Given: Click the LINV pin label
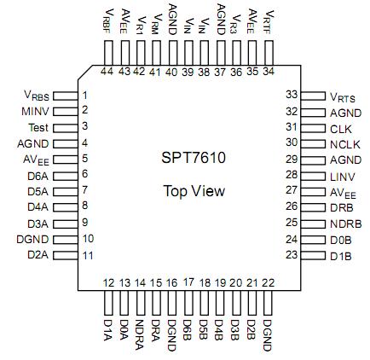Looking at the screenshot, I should point(343,176).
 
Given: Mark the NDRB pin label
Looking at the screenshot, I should point(345,224).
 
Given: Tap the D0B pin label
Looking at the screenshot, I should point(341,240).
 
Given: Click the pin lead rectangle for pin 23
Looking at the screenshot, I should point(314,255).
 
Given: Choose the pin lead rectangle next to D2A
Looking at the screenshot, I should point(65,255).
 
